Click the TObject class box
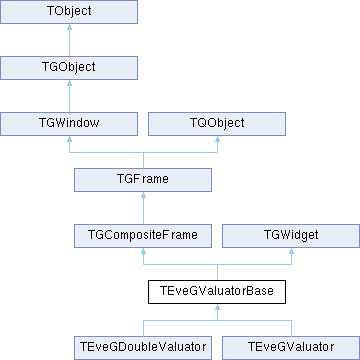pos(69,12)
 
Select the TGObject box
pos(69,68)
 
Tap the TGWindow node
pos(69,124)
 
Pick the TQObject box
pos(217,124)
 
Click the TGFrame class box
pos(143,180)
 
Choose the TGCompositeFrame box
pos(143,236)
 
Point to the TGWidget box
pos(291,236)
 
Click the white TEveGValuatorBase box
pos(217,292)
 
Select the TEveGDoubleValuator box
pos(143,348)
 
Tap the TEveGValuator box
pos(291,348)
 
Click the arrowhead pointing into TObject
pos(69,27)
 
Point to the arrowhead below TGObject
pos(69,83)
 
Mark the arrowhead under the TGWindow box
pos(69,139)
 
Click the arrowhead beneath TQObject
pos(217,139)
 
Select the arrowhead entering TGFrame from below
pos(143,195)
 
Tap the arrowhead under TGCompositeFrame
pos(143,251)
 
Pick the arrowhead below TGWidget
pos(291,251)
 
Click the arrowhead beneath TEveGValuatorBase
pos(217,307)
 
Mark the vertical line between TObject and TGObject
pos(69,43)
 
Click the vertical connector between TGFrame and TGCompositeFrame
pos(143,211)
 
